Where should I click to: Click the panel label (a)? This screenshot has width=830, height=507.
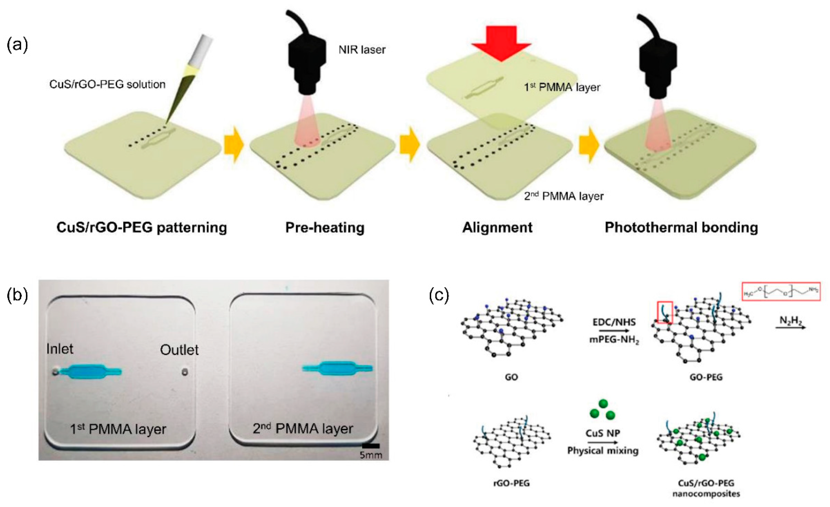(x=17, y=46)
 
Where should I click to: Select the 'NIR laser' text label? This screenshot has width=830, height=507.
(x=362, y=50)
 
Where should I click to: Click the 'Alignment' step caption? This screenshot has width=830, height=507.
(x=497, y=227)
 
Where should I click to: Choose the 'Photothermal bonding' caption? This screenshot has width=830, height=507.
(x=681, y=227)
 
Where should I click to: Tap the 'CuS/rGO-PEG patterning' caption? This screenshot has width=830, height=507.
(x=141, y=227)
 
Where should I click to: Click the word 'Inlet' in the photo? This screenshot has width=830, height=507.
(x=60, y=349)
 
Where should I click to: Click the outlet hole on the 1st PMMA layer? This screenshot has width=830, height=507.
(x=184, y=372)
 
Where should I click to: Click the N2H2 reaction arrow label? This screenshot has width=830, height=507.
(x=791, y=321)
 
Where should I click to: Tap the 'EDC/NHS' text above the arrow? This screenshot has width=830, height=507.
(x=614, y=322)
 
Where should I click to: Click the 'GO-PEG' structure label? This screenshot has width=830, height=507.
(x=706, y=377)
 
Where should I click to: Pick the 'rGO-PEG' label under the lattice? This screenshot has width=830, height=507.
(x=511, y=483)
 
